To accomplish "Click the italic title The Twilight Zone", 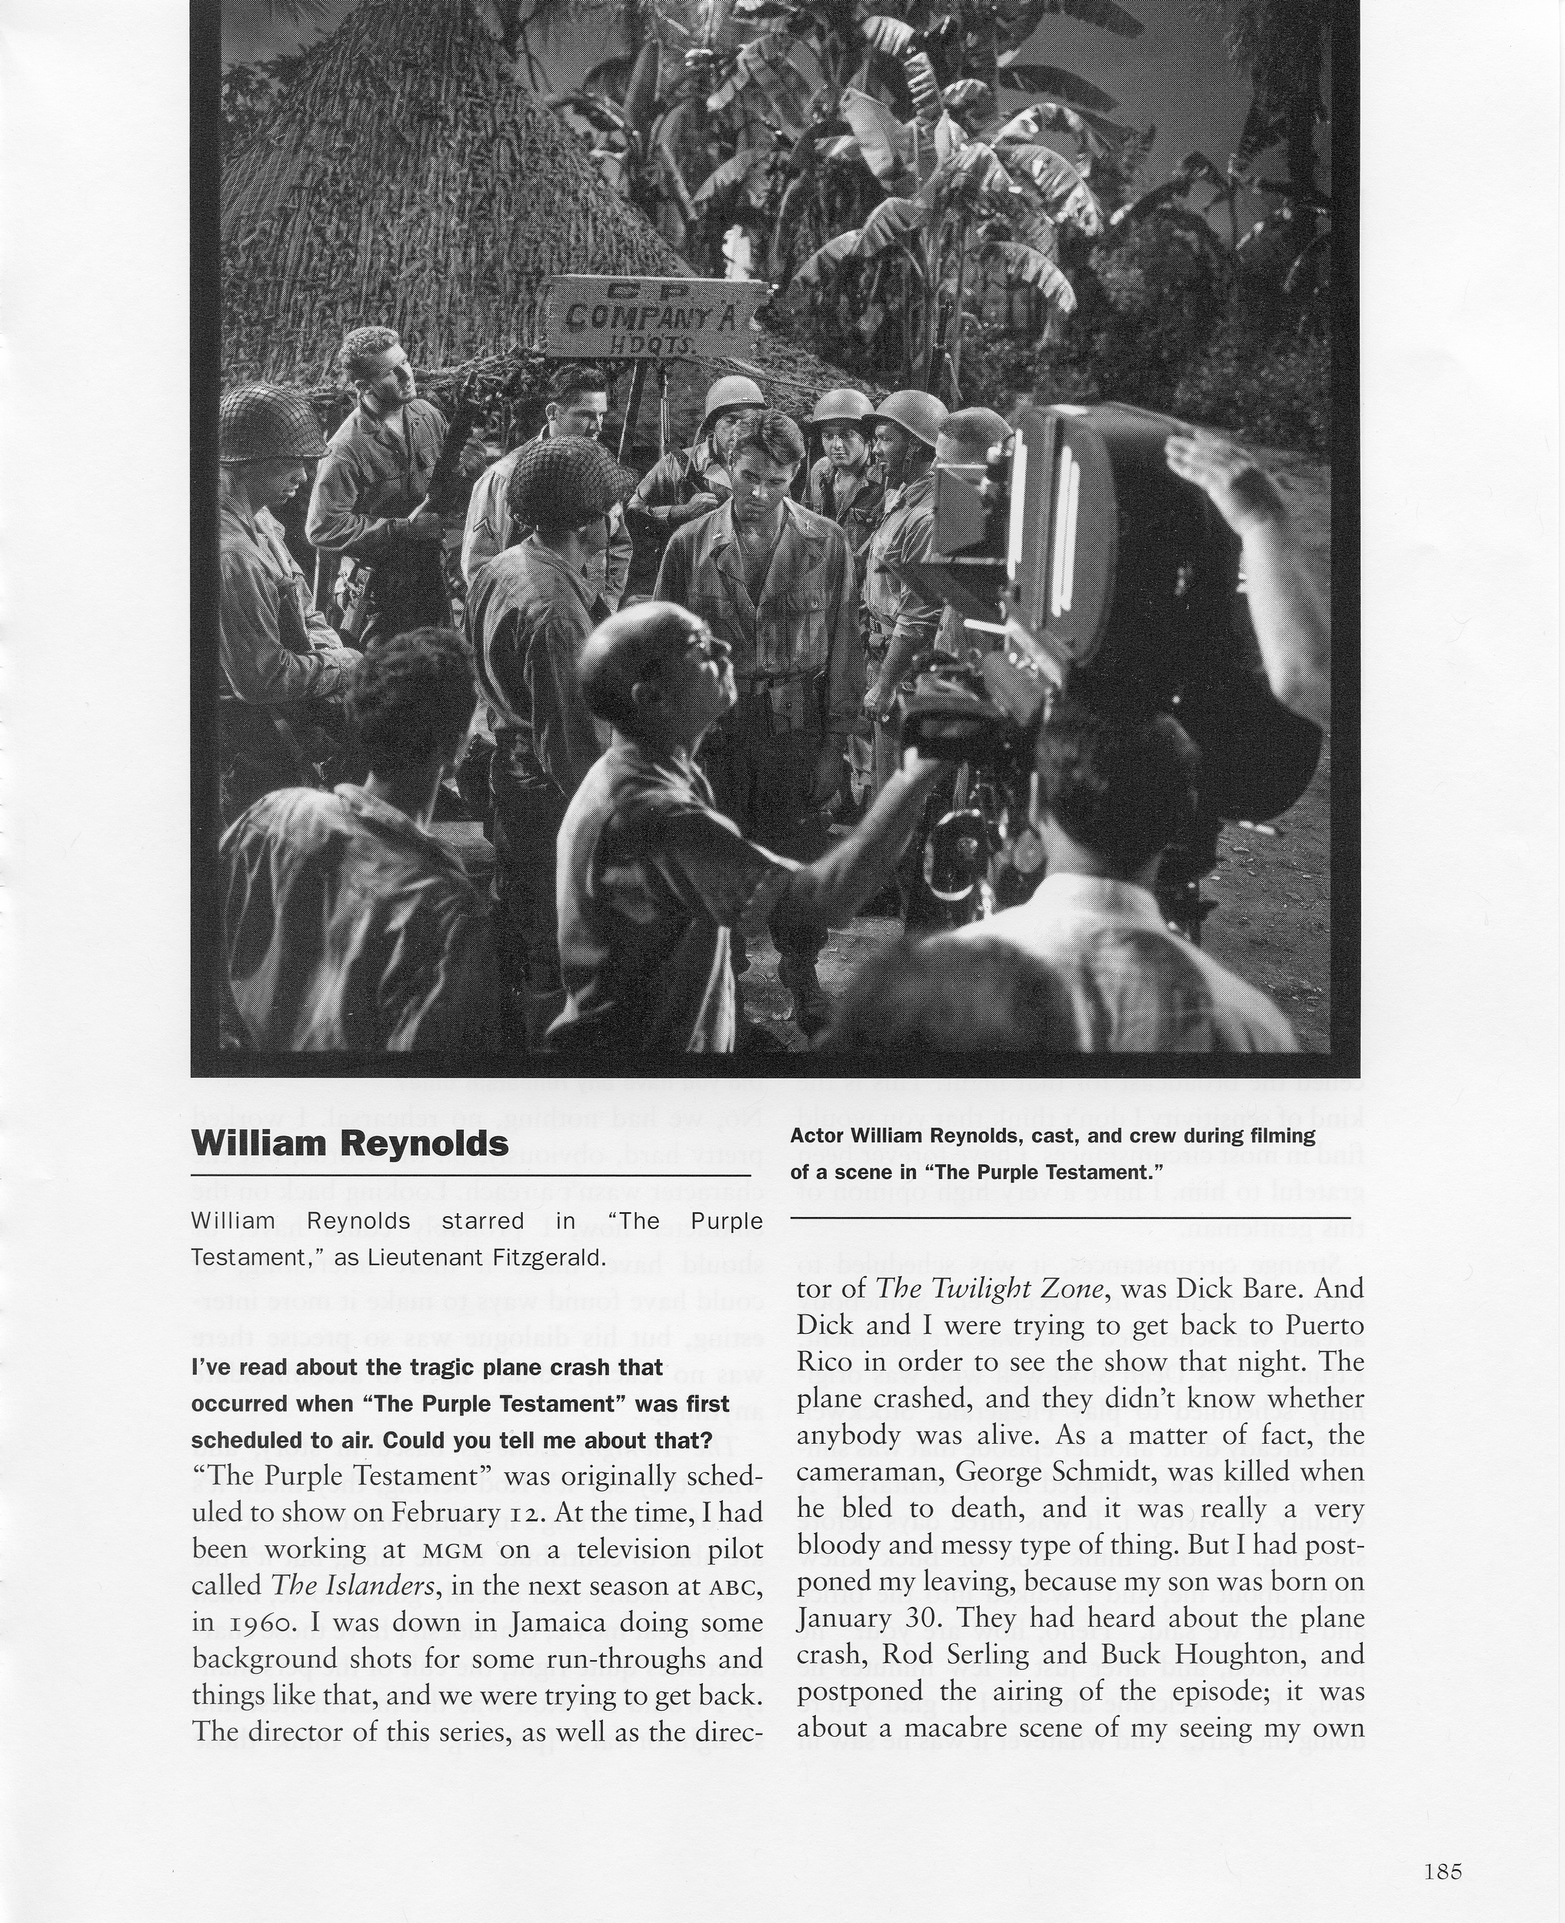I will tap(990, 1289).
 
